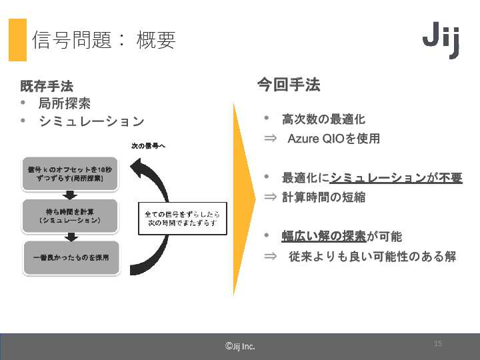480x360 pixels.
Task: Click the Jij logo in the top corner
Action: tap(441, 41)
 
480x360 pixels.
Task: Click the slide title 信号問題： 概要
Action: tap(103, 41)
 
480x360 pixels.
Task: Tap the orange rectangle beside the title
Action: tap(17, 40)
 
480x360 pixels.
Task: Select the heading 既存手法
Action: tap(47, 86)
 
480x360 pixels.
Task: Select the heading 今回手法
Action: tap(289, 85)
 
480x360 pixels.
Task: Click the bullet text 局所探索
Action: tap(65, 104)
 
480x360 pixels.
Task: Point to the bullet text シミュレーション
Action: tap(91, 121)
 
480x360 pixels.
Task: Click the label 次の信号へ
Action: tap(148, 145)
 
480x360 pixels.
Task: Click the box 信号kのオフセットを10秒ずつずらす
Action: tap(70, 175)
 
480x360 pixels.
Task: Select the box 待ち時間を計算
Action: tap(70, 215)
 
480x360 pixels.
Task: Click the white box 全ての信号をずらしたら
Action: tap(182, 218)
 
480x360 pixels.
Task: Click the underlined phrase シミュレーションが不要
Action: tap(396, 178)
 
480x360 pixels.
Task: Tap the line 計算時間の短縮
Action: tap(323, 197)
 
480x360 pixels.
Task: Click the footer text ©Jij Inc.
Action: tap(240, 346)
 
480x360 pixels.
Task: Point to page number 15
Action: tap(438, 343)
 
